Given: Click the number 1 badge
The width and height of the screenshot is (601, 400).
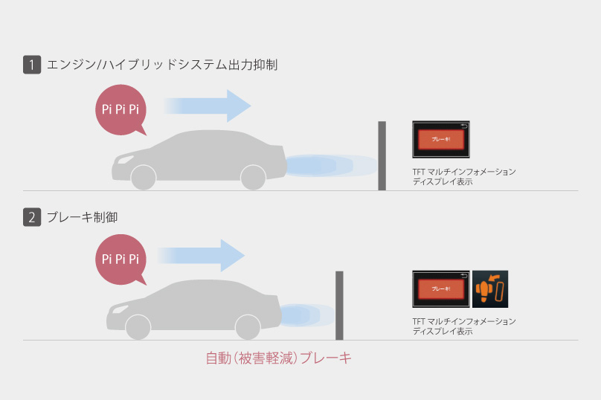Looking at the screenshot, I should pyautogui.click(x=32, y=65).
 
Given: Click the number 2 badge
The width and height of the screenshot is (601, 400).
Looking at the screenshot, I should pyautogui.click(x=32, y=218).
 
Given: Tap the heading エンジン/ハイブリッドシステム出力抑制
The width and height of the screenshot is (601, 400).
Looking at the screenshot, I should pyautogui.click(x=161, y=65).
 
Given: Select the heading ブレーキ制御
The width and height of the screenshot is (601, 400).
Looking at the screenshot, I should pyautogui.click(x=82, y=218).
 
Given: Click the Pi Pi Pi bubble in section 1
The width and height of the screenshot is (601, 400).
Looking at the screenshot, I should pyautogui.click(x=120, y=110).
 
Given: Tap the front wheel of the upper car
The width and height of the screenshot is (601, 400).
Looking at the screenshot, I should pyautogui.click(x=253, y=177).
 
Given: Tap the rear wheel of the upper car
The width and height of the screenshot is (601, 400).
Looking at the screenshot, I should pyautogui.click(x=144, y=177).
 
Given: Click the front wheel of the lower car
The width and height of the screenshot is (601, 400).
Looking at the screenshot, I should pyautogui.click(x=248, y=326).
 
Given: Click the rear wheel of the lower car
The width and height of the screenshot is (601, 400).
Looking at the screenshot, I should pyautogui.click(x=138, y=326).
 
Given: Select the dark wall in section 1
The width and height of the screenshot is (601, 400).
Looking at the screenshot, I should pyautogui.click(x=382, y=155).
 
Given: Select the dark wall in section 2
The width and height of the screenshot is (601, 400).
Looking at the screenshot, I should pyautogui.click(x=339, y=305).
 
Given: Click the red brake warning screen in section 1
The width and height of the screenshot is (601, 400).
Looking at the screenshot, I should pyautogui.click(x=442, y=139).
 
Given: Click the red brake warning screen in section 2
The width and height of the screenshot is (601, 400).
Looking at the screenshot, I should pyautogui.click(x=440, y=288).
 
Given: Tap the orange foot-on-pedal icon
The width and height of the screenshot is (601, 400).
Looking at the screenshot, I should pyautogui.click(x=490, y=288).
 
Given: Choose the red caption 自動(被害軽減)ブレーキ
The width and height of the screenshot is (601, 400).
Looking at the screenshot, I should pyautogui.click(x=278, y=358).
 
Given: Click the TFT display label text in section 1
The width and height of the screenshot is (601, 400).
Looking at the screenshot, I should pyautogui.click(x=463, y=176).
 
